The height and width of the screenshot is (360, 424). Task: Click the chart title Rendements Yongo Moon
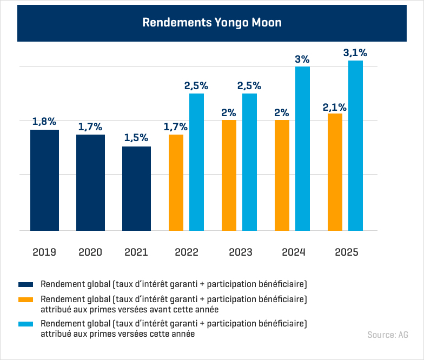coord(212,23)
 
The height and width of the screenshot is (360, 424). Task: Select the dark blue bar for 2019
coord(44,180)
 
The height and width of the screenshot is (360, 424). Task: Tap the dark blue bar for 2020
coord(90,182)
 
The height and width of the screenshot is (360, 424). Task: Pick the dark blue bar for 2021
coord(136,188)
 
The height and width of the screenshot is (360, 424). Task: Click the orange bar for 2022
coord(176,182)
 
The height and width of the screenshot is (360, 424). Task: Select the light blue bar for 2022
coord(196,162)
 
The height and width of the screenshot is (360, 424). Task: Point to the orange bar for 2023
coord(229,175)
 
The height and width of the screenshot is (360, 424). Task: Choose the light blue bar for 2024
coord(302,148)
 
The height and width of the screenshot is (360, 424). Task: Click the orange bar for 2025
coord(335,172)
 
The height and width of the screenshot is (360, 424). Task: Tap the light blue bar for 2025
coord(355,145)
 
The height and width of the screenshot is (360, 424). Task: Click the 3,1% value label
coord(355,53)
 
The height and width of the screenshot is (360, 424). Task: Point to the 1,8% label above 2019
coord(44,122)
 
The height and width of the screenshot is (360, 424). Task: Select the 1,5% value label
coord(136,138)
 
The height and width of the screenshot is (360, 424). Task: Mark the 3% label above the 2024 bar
coord(302,59)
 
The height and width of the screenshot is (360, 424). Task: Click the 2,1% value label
coord(335,106)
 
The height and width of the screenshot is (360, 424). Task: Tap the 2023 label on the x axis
coord(241,252)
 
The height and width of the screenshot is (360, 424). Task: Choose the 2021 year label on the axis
coord(136,252)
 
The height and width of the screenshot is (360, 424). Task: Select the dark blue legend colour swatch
coord(26,284)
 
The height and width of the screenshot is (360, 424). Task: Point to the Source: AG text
coord(388,335)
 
